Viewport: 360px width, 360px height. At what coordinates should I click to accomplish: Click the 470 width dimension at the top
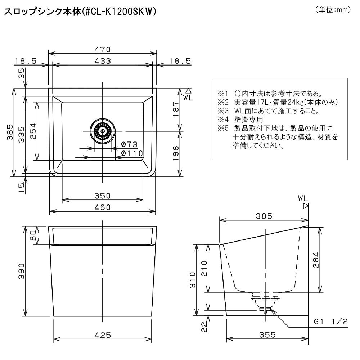pos(103,49)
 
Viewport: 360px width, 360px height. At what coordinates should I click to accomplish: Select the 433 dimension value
pos(103,61)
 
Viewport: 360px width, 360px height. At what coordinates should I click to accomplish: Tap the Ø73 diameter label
pos(129,144)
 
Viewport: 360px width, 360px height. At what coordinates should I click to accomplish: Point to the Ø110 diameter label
pos(132,153)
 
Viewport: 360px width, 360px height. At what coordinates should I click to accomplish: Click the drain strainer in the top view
pos(102,131)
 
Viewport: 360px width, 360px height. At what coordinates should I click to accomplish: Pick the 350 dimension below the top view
pos(103,195)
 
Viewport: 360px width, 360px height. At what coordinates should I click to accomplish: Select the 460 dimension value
pos(103,207)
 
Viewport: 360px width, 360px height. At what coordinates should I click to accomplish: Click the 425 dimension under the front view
pos(103,335)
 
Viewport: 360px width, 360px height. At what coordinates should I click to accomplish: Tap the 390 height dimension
pos(21,271)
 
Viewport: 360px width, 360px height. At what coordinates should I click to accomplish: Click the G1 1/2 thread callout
pos(330,321)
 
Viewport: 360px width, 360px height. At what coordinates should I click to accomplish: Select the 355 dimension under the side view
pos(267,335)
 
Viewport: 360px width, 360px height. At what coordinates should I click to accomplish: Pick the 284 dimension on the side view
pos(316,260)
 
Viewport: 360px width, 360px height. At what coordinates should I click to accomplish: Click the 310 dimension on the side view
pos(193,280)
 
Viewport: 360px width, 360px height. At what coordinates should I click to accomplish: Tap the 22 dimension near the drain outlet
pos(204,327)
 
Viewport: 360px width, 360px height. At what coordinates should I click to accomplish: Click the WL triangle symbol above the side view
pos(305,206)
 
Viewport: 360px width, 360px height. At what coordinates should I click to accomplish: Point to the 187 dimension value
pos(176,109)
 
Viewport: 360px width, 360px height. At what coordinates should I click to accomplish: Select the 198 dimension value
pos(176,153)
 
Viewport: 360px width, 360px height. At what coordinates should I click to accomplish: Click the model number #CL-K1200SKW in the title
pos(120,12)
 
